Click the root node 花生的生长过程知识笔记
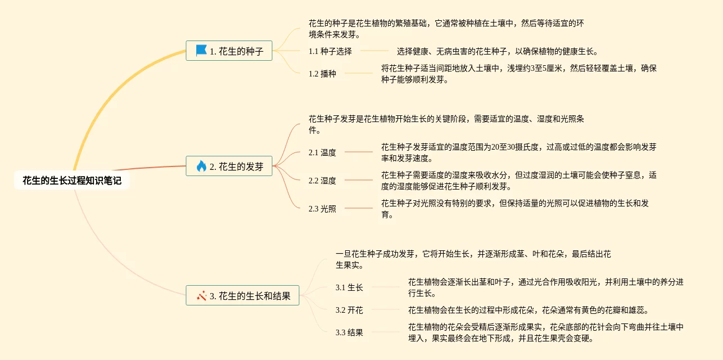[x=72, y=181]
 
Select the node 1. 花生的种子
[x=229, y=51]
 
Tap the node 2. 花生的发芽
[x=229, y=166]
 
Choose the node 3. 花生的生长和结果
[x=242, y=295]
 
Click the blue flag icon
[x=201, y=51]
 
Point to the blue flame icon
[x=201, y=166]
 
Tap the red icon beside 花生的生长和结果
[x=202, y=295]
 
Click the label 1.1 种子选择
[x=330, y=51]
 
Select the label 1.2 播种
[x=322, y=73]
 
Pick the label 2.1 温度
[x=322, y=152]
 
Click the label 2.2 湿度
[x=322, y=181]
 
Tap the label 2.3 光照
[x=322, y=209]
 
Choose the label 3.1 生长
[x=349, y=287]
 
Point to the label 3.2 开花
[x=349, y=310]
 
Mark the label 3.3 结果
[x=349, y=332]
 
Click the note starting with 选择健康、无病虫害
[x=497, y=51]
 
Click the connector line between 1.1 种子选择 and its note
[x=374, y=51]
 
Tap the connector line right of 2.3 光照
[x=359, y=209]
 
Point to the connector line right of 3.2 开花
[x=386, y=310]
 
